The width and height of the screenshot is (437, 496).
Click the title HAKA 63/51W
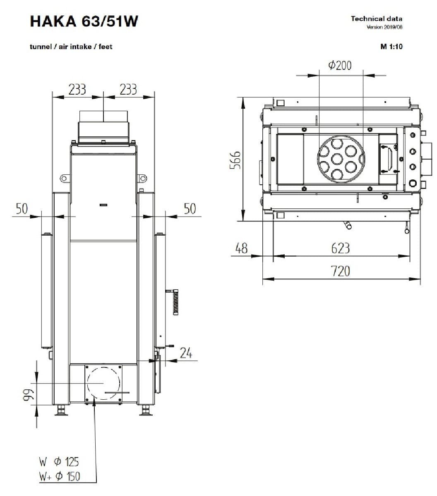(84, 21)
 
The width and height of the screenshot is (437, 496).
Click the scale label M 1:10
(391, 46)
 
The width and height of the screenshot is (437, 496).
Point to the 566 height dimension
(235, 159)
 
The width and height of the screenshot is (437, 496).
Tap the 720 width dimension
(341, 271)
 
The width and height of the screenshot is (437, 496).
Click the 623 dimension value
(341, 248)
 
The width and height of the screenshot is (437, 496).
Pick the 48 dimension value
(241, 248)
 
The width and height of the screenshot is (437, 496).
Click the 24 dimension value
(186, 353)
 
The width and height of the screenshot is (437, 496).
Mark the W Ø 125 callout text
(59, 461)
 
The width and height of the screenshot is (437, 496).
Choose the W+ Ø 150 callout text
(60, 477)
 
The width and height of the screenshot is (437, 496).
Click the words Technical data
(376, 18)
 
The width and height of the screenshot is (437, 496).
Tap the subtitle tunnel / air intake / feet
(71, 47)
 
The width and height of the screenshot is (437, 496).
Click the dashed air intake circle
(103, 383)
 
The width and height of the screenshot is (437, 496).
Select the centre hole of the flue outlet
(338, 159)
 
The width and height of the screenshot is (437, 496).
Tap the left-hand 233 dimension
(77, 89)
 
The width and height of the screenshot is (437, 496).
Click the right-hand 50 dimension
(190, 209)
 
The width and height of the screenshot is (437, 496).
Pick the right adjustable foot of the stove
(145, 410)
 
